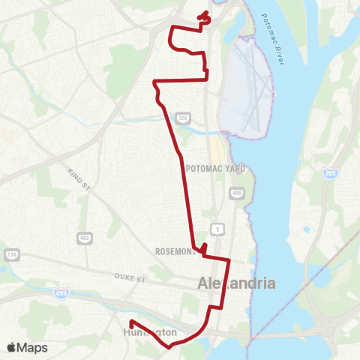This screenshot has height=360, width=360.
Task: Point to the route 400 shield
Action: click(237, 193)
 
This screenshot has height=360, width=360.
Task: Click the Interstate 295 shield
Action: click(330, 173)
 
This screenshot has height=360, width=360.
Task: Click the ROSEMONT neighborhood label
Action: click(175, 251)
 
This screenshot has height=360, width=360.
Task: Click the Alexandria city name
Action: click(236, 284)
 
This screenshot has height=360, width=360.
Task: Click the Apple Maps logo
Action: click(27, 347)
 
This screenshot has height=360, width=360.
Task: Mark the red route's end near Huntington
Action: click(132, 323)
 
